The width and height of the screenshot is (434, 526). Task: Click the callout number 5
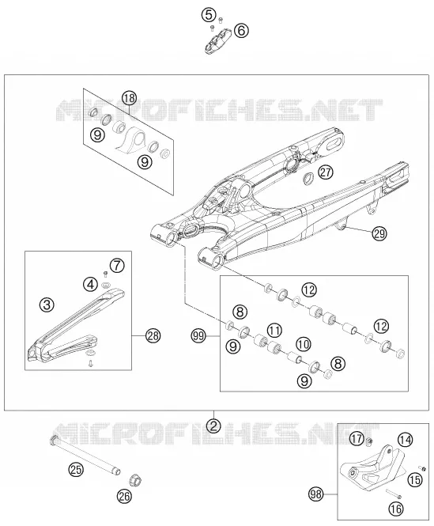click(x=208, y=15)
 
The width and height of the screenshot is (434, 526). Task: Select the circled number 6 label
click(x=241, y=31)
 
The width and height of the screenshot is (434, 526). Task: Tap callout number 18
click(x=129, y=98)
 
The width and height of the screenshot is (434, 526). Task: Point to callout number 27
click(x=326, y=172)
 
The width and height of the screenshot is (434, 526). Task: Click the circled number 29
click(x=379, y=233)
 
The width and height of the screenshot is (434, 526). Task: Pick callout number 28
click(x=153, y=336)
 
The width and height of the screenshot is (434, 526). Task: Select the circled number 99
click(x=198, y=336)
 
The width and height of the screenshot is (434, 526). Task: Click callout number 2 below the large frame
click(x=213, y=426)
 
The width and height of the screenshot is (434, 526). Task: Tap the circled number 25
click(x=76, y=469)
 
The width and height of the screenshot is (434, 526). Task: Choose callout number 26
click(x=124, y=496)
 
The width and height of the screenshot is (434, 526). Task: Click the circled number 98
click(x=316, y=494)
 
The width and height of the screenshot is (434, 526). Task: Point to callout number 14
click(x=406, y=440)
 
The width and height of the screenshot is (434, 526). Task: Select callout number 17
click(x=357, y=438)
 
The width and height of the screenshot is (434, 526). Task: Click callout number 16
click(x=396, y=509)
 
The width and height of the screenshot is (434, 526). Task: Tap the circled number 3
click(x=47, y=305)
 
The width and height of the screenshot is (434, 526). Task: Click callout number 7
click(x=117, y=266)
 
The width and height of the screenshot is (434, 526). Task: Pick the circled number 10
click(x=304, y=344)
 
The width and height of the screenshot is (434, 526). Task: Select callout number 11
click(x=274, y=331)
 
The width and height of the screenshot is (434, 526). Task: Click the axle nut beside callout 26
click(x=136, y=480)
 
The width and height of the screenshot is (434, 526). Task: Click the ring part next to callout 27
click(x=308, y=179)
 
